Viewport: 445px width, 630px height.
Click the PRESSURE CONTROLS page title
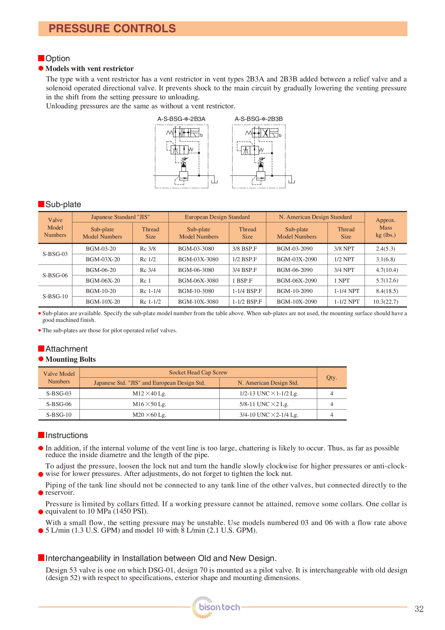point(112,29)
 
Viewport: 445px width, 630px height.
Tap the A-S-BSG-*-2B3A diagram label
point(181,119)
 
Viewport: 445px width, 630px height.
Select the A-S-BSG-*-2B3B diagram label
point(259,119)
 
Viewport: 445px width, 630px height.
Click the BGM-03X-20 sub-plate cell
point(103,259)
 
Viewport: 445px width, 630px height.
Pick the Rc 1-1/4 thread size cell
point(150,291)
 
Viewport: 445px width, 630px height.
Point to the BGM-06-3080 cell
point(196,270)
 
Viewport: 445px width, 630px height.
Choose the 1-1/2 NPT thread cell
point(346,302)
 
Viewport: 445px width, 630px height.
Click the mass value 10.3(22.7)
point(385,302)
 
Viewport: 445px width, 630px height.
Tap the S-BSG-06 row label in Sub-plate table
point(55,275)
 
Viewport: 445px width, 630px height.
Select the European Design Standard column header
point(217,217)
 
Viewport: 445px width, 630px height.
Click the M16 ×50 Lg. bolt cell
point(149,404)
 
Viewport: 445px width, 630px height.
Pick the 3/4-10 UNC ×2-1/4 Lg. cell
point(268,415)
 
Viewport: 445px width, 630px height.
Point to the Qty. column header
point(331,377)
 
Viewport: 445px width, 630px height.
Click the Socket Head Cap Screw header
point(198,372)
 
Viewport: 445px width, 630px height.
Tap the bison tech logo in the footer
point(216,607)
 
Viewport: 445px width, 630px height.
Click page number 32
point(419,609)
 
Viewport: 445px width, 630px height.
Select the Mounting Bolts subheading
point(70,359)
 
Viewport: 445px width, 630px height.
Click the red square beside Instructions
point(41,435)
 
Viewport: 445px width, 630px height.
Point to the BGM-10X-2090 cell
point(297,302)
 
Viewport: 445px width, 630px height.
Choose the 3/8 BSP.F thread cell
point(245,249)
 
